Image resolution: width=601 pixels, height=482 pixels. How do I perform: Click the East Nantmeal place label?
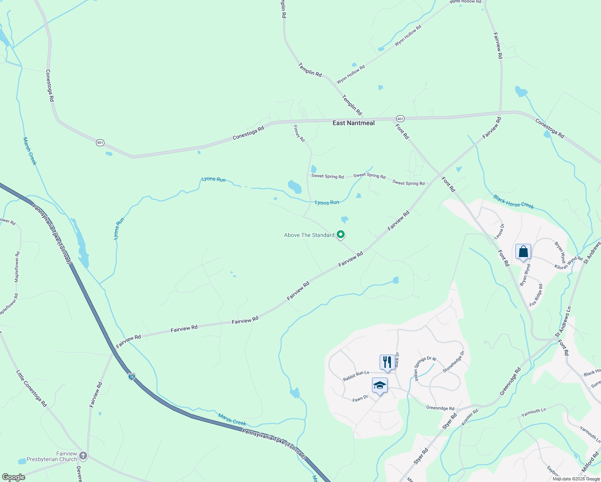click(354, 123)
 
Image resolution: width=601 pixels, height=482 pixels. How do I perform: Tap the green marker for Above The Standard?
click(341, 234)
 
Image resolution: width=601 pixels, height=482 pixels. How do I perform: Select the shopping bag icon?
click(523, 252)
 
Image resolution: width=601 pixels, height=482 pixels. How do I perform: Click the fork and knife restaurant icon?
click(387, 361)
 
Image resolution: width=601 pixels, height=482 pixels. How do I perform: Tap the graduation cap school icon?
click(380, 386)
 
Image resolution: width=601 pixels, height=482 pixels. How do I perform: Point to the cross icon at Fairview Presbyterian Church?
click(83, 455)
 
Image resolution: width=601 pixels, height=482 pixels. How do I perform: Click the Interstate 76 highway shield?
click(132, 377)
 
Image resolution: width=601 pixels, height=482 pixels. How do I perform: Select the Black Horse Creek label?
click(513, 202)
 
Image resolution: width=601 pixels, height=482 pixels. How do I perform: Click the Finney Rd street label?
click(299, 134)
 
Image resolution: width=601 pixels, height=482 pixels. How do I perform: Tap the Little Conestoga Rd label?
click(31, 388)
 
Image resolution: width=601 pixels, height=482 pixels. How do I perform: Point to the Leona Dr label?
click(499, 232)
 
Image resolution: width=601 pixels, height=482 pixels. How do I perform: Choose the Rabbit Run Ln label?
click(356, 376)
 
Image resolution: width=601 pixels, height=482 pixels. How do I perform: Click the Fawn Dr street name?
click(360, 398)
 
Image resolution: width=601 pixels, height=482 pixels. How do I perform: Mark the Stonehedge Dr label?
click(454, 361)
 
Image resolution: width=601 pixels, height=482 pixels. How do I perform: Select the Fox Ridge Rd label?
click(536, 295)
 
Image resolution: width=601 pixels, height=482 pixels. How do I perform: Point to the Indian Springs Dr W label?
click(425, 368)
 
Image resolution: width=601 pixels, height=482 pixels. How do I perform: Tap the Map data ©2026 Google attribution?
click(576, 479)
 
